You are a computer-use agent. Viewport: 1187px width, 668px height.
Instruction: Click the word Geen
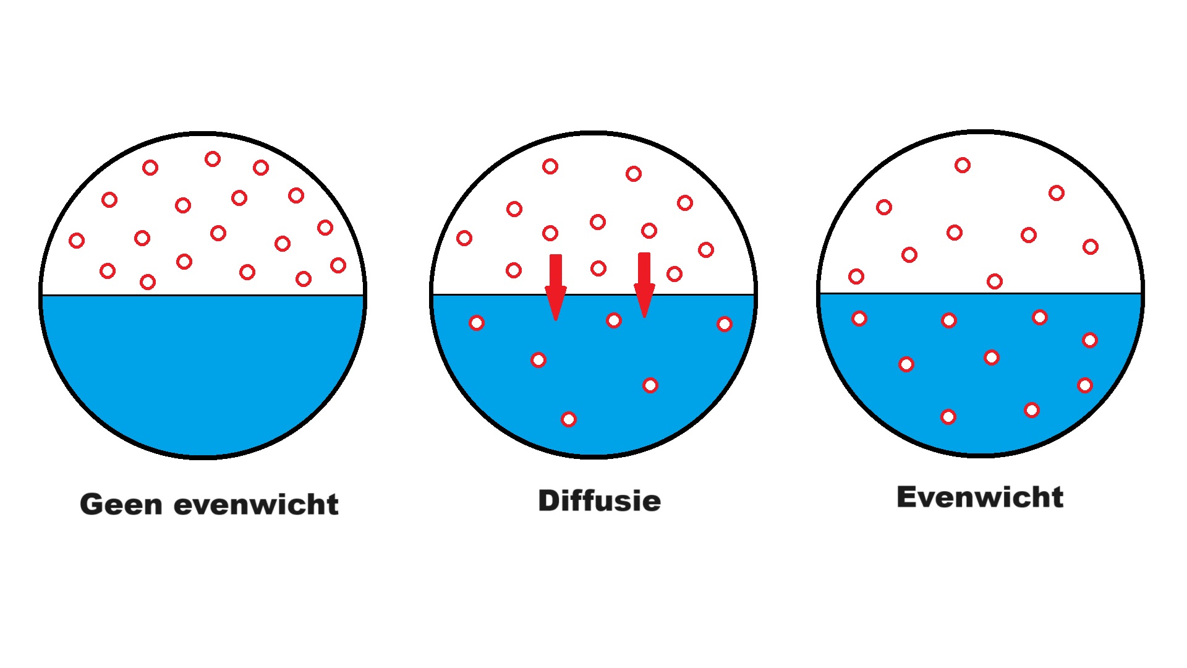(121, 505)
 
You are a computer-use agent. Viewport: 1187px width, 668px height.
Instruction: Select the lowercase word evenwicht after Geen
(256, 505)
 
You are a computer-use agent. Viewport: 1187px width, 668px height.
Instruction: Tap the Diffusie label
(599, 500)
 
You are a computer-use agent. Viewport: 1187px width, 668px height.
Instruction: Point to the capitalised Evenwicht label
(980, 497)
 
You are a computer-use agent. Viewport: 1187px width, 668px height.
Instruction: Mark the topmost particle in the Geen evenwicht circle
(213, 159)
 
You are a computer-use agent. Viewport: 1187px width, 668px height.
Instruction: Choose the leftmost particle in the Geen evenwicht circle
(77, 241)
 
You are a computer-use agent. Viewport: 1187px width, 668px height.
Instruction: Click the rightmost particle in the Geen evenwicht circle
(338, 265)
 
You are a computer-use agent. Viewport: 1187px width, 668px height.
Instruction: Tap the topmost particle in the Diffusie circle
(550, 166)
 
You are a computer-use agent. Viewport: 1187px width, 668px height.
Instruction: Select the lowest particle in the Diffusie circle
(569, 419)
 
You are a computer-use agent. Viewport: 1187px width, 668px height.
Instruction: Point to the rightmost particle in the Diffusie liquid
(725, 324)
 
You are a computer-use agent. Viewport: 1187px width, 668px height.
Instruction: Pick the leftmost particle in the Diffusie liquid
(477, 322)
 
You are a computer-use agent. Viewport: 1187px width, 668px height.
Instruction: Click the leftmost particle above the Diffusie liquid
(464, 238)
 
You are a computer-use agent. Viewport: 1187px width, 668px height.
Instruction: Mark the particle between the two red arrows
(598, 268)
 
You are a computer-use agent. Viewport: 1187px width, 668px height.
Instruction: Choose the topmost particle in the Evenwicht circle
(963, 165)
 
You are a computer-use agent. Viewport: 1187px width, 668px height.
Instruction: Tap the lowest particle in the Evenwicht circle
(948, 417)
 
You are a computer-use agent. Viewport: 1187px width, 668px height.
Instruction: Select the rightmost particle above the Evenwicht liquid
(1091, 247)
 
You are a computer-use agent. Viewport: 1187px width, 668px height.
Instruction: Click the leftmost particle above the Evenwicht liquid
(856, 276)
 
